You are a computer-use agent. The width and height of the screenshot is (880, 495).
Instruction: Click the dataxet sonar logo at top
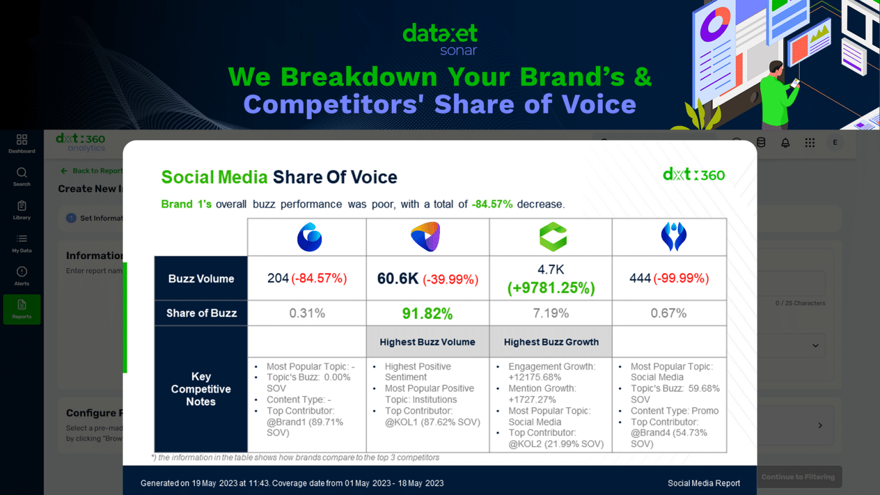[x=440, y=39]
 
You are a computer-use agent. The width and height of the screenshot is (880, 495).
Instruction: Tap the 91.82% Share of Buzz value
[x=427, y=313]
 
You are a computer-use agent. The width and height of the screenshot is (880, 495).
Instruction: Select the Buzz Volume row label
[x=201, y=279]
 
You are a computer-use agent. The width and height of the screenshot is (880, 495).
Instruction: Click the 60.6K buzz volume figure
[x=398, y=279]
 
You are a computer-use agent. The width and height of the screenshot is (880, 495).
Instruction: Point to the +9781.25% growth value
[x=551, y=288]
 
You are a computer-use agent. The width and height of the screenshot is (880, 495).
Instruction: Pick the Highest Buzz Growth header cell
[x=551, y=342]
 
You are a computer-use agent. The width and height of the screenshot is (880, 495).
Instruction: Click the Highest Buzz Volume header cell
[x=427, y=342]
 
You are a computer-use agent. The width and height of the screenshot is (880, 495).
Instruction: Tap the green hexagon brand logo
[x=553, y=237]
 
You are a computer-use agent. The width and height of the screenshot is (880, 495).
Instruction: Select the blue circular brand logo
[x=309, y=237]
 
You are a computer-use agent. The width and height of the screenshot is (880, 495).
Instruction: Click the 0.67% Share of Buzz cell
[x=669, y=313]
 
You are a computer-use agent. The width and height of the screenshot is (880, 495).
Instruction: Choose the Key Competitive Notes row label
[x=201, y=389]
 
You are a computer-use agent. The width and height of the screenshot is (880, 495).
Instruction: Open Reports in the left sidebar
[x=22, y=309]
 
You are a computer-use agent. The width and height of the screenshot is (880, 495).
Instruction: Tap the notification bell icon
[x=785, y=143]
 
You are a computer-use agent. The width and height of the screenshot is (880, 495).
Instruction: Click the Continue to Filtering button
[x=797, y=477]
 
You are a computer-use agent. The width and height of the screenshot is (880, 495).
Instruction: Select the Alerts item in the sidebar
[x=22, y=276]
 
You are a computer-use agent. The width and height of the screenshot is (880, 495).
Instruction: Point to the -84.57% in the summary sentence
[x=492, y=205]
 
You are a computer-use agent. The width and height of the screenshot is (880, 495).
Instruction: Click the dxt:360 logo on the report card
[x=693, y=174]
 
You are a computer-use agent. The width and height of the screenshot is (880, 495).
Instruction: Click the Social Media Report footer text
[x=704, y=484]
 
